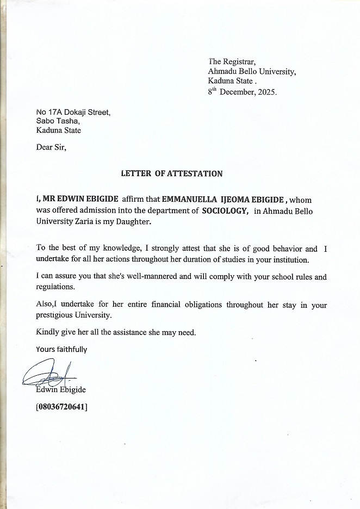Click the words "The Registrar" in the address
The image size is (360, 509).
coord(228,61)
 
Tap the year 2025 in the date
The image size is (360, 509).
coord(266,92)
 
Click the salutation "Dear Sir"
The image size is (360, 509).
coord(51,147)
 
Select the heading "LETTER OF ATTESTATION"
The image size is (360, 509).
coord(171,174)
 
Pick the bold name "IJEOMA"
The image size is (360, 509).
coord(241,200)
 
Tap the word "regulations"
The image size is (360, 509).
coord(55,287)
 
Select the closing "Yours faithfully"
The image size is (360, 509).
coord(61,349)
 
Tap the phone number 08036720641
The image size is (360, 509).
coord(61,406)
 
